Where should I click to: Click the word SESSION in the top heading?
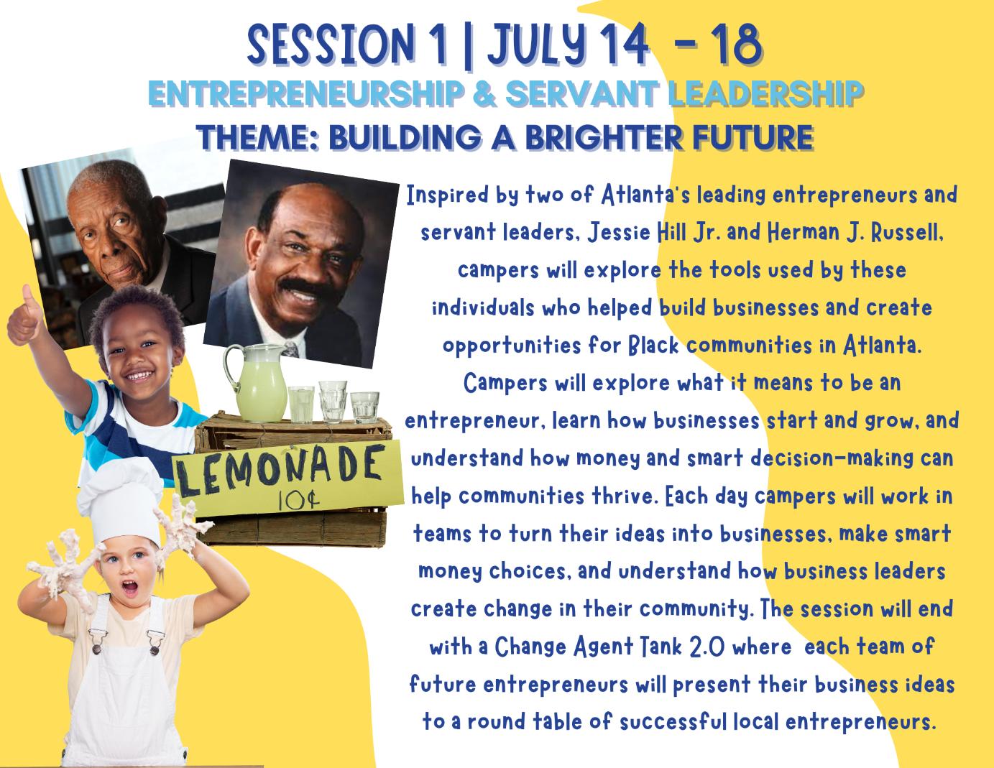331,45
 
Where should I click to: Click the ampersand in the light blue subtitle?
482,94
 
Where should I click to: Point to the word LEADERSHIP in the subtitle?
765,94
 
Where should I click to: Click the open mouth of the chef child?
130,588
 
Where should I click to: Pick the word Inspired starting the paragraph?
448,195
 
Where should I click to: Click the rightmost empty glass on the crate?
364,407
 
